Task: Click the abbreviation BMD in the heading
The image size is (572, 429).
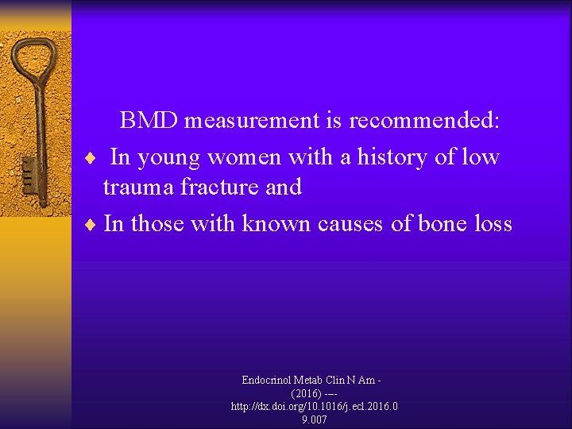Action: pos(149,120)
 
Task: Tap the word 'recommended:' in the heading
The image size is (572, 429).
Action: pos(424,120)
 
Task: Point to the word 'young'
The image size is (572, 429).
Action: pos(170,157)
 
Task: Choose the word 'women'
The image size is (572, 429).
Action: pos(245,157)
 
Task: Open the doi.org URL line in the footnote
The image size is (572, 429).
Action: pos(314,406)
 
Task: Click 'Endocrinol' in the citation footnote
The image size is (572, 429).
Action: pos(269,381)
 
